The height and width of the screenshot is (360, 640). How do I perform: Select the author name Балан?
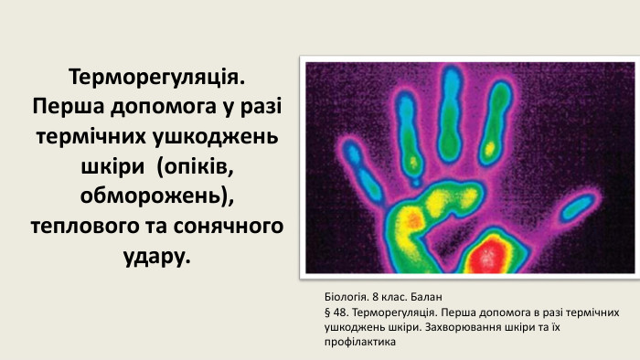[x=427, y=298]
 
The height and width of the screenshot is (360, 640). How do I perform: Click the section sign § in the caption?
[x=327, y=312]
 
